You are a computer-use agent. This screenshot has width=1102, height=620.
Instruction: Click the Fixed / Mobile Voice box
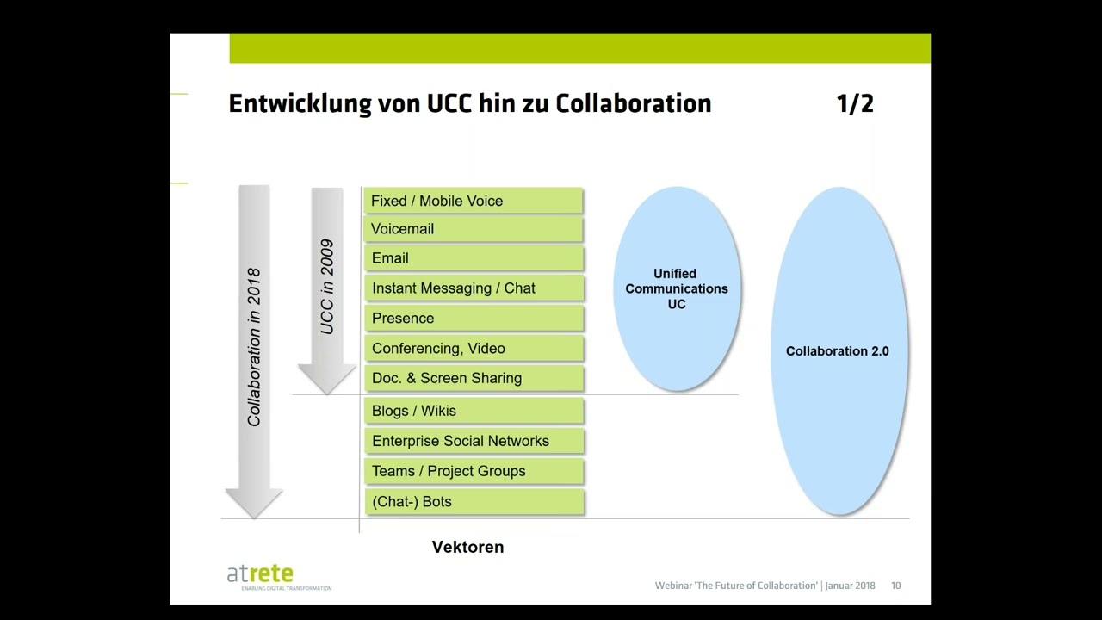coord(473,201)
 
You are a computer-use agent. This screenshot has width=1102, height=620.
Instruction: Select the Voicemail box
coord(473,229)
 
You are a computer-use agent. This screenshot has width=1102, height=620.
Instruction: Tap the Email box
coord(473,258)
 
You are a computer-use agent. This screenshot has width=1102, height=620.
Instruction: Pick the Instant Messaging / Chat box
coord(473,288)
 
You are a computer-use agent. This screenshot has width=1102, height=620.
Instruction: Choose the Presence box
coord(473,319)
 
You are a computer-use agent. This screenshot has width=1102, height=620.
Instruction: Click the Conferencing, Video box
coord(473,349)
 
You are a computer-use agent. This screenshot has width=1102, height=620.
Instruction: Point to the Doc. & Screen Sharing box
coord(473,378)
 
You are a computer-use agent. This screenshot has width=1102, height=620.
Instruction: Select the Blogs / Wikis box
coord(473,411)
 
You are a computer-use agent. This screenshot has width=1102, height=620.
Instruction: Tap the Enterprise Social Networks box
coord(473,441)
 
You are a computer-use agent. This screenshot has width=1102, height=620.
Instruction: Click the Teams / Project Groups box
coord(473,471)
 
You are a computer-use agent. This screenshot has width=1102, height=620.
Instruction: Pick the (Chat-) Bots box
coord(473,501)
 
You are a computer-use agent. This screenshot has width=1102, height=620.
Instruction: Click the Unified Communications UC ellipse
coord(677,288)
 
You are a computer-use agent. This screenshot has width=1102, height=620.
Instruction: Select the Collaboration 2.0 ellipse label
coord(837,351)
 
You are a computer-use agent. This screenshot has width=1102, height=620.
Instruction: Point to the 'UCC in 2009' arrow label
coord(327,287)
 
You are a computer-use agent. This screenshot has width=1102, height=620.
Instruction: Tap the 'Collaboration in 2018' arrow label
coord(254,347)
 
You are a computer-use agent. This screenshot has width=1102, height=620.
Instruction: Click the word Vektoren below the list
coord(467,547)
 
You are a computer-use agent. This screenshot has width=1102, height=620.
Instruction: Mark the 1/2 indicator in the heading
coord(855,104)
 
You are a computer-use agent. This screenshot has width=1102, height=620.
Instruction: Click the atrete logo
coord(261,574)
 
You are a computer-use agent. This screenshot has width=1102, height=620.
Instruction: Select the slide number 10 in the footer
coord(896,586)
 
